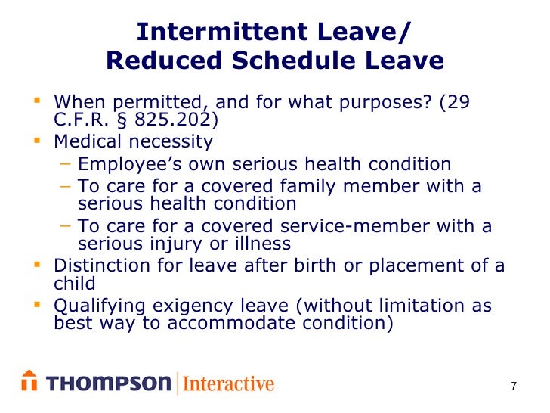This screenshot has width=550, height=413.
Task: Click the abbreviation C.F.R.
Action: click(x=82, y=121)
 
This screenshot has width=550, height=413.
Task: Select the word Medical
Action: click(x=88, y=141)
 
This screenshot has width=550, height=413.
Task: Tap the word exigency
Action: click(x=196, y=306)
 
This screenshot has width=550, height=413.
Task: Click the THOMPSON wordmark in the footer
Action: click(x=109, y=383)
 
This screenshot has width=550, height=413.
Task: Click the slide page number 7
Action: click(x=514, y=387)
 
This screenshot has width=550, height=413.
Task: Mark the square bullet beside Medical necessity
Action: click(x=38, y=141)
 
